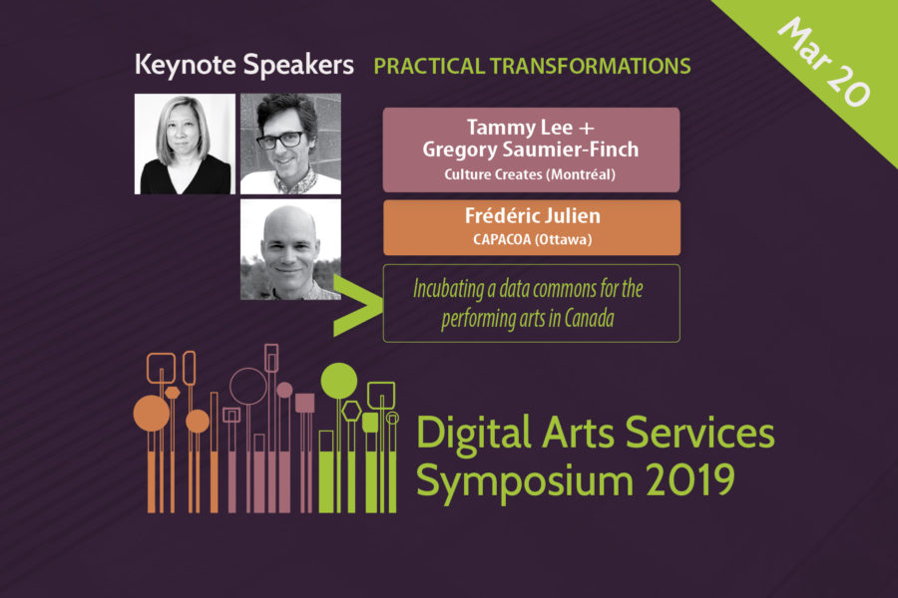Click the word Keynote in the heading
tap(185, 65)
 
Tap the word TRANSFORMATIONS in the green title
tap(590, 67)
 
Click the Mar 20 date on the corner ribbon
tap(823, 62)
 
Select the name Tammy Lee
tap(520, 127)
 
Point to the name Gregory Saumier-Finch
tap(531, 149)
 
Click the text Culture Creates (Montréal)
tap(530, 174)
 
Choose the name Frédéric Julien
tap(532, 215)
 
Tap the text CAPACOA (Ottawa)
tap(532, 239)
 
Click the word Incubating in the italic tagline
tap(448, 289)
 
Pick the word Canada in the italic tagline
tap(590, 318)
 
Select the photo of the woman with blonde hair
tap(185, 144)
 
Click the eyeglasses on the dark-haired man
tap(280, 140)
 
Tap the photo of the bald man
tap(290, 249)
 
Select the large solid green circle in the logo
tap(339, 381)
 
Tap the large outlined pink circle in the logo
tap(248, 369)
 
